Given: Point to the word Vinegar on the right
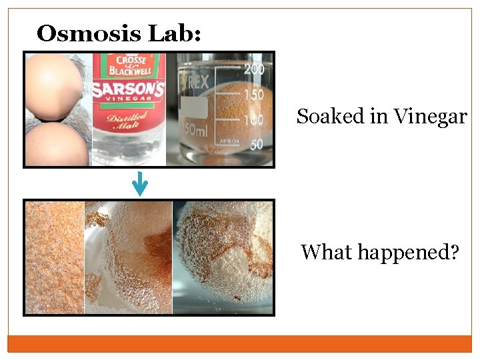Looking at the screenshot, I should coord(430,117).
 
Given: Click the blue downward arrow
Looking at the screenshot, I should coord(139,183).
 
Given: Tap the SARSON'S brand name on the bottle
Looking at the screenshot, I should coord(128,91).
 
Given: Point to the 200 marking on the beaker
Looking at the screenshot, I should coord(253,69).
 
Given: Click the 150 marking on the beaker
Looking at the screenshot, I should coord(253,96).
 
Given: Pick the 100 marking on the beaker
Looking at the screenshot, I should coord(253,120).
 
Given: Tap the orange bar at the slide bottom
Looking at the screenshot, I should coord(239,343).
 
